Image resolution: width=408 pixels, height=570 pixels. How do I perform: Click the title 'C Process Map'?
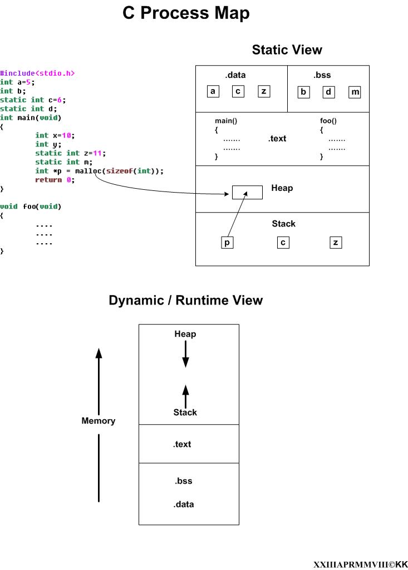pos(186,13)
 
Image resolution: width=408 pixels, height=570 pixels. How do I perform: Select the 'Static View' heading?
pos(287,50)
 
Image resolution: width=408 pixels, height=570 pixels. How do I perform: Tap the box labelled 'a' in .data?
pos(213,91)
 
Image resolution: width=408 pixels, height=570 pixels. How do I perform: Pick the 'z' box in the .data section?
pos(264,91)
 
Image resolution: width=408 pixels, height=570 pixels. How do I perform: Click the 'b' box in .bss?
pos(303,92)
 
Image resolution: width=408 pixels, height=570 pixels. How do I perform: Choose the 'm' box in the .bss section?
pos(355,92)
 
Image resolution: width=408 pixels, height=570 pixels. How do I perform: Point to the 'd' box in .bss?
pos(329,92)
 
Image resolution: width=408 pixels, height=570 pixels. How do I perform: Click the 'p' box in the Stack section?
pos(227,242)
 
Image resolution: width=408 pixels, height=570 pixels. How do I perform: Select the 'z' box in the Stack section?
pos(335,242)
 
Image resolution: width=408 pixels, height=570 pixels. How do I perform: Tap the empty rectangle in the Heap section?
pos(247,193)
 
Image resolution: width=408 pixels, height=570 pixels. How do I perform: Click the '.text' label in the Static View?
pos(277,139)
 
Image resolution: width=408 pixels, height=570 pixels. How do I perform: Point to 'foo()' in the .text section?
pos(328,121)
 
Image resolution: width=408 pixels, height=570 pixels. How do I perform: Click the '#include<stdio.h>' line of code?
pos(37,73)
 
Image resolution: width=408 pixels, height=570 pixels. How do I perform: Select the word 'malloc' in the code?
pos(87,171)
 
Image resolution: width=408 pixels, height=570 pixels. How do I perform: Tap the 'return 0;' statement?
pos(55,180)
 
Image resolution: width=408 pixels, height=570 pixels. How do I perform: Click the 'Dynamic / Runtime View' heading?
pos(185,301)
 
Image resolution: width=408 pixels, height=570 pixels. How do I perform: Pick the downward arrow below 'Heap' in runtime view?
pos(185,354)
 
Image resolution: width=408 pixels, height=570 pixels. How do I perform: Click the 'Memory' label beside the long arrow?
pos(99,421)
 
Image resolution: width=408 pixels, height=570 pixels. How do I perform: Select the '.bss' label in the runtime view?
pos(183,481)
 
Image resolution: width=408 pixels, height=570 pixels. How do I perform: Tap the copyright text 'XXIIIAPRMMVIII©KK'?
pos(360,564)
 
